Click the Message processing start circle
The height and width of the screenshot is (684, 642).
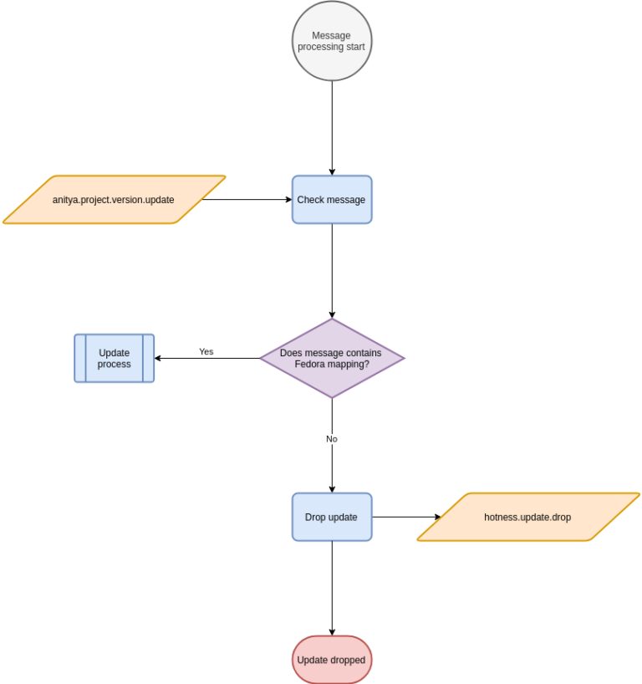tap(332, 41)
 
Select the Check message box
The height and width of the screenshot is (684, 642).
tap(332, 200)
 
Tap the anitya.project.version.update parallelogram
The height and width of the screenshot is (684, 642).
tap(114, 200)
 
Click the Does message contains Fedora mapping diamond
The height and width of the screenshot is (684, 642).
tap(332, 358)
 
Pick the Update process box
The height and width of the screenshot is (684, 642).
tap(114, 358)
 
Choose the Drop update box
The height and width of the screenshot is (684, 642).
tap(332, 517)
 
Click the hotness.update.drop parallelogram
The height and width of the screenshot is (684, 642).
tap(527, 517)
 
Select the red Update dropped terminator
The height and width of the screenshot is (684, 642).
tap(332, 660)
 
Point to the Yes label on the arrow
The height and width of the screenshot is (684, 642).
tap(206, 352)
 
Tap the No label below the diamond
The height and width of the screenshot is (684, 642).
tap(332, 439)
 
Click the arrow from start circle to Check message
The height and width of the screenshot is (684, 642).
tap(332, 125)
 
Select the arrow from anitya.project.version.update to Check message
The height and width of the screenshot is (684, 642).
tap(247, 200)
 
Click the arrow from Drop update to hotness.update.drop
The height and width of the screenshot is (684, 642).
tap(405, 517)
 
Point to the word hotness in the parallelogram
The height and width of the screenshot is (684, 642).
tap(501, 518)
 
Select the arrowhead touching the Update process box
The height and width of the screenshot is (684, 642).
tap(159, 358)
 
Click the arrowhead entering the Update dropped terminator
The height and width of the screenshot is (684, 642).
tap(332, 631)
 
